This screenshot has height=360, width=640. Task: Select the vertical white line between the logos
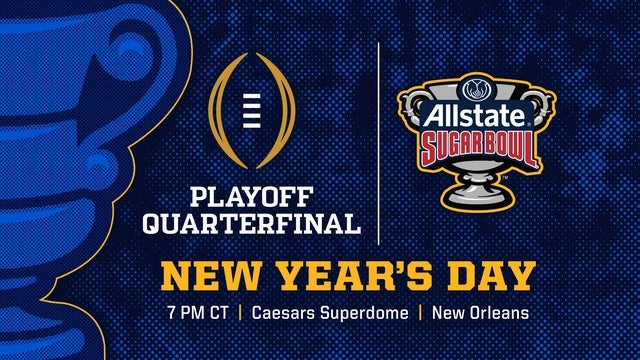(x=379, y=140)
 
